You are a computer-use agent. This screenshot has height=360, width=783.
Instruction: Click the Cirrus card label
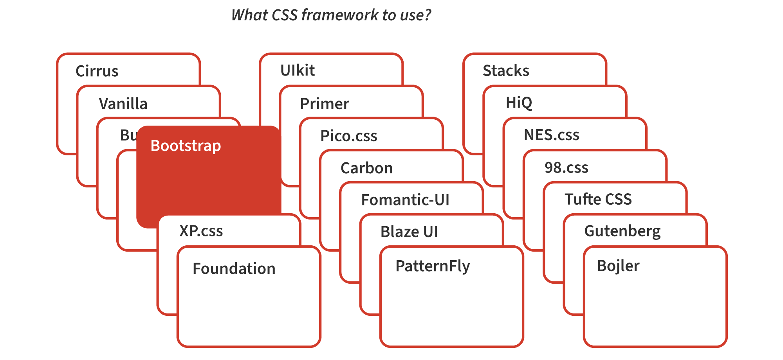[x=97, y=71]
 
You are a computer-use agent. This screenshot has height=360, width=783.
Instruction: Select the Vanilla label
[x=123, y=104]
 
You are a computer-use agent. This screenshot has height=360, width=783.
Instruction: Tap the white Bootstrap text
[x=186, y=146]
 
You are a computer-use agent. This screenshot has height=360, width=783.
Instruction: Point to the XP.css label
[x=201, y=231]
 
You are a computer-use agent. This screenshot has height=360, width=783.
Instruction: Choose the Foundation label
[x=234, y=268]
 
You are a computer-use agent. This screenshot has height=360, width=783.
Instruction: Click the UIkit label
[x=297, y=70]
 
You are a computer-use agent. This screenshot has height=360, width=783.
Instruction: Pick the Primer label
[x=324, y=104]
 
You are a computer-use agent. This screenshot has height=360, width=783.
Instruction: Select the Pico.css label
[x=348, y=136]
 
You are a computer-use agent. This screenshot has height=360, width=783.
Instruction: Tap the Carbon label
[x=366, y=168]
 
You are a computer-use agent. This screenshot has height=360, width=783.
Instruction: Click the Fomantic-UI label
[x=405, y=200]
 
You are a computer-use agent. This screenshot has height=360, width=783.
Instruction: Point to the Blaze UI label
[x=409, y=232]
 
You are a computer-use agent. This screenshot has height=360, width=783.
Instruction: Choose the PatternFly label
[x=432, y=266]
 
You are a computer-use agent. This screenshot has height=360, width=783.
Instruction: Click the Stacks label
[x=505, y=71]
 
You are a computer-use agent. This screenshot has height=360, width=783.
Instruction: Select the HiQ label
[x=519, y=103]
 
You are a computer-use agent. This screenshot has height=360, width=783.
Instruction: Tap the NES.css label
[x=551, y=135]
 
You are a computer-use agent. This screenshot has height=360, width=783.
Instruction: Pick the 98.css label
[x=566, y=167]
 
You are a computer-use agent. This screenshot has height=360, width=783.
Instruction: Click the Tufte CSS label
[x=598, y=199]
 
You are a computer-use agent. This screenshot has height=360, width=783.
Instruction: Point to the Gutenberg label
[x=622, y=231]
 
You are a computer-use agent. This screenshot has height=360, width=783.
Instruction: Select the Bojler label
[x=618, y=266]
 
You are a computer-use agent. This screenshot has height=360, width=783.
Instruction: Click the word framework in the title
[x=340, y=15]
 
